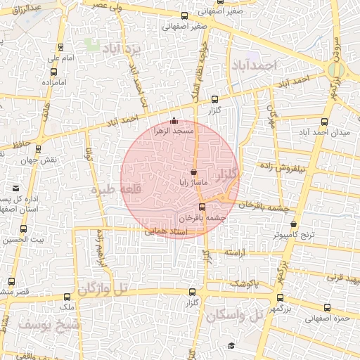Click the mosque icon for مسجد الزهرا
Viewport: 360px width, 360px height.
tap(174, 120)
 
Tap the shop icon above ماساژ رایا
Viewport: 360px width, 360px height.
tap(194, 172)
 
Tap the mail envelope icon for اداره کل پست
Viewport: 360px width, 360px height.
tap(16, 188)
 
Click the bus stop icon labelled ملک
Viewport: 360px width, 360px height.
tap(67, 296)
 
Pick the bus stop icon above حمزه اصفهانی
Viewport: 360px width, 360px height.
tap(327, 307)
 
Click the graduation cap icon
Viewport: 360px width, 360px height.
tap(231, 345)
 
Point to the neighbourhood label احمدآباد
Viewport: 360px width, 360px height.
tap(255, 65)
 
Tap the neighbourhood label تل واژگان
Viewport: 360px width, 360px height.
tap(104, 288)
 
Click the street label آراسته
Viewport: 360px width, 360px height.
tap(237, 252)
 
